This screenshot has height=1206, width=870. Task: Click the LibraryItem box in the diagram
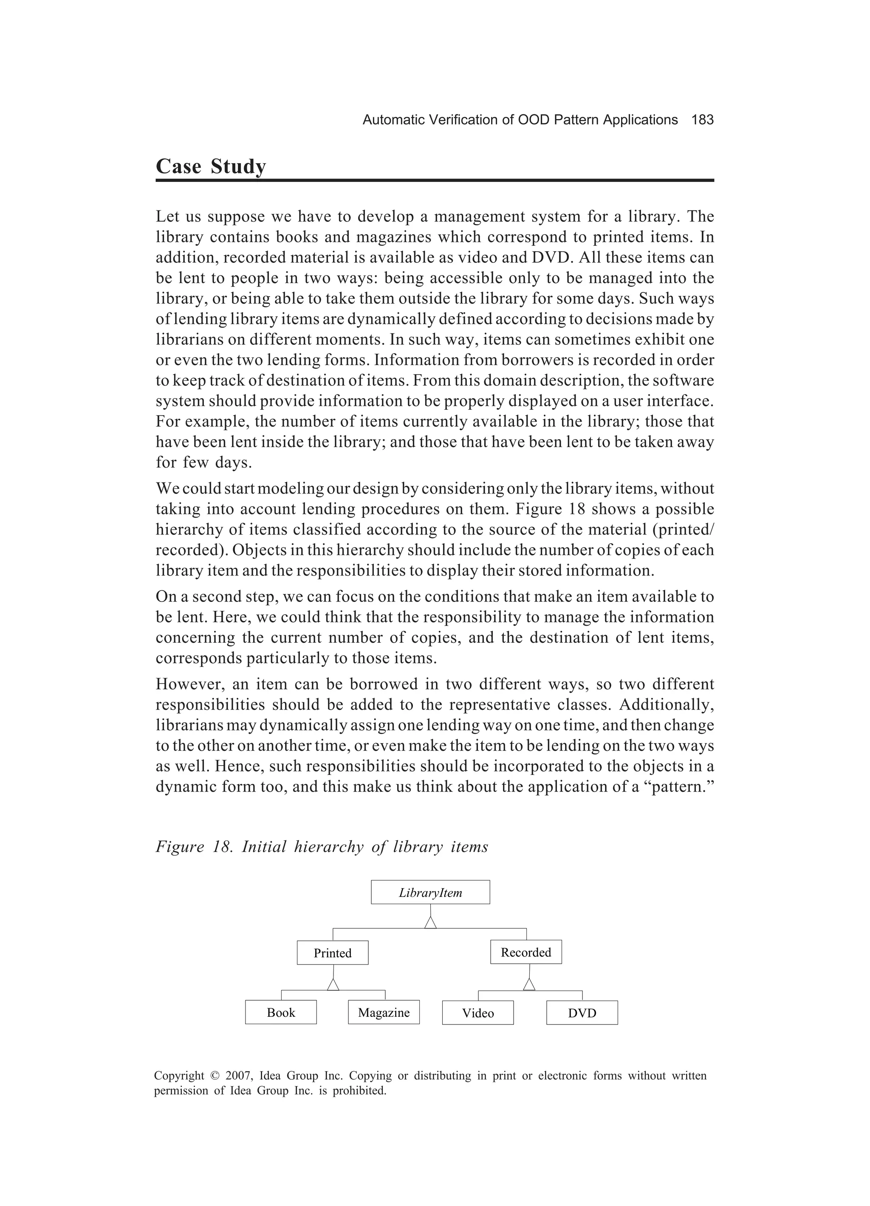430,892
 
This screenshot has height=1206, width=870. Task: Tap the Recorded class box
525,952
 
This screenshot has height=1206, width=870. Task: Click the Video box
478,1013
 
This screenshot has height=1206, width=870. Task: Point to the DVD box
582,1013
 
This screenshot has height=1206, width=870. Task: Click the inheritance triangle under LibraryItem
430,922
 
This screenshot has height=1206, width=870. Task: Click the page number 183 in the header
702,120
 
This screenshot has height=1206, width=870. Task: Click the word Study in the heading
237,167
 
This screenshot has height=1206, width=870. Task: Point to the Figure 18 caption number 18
220,846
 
